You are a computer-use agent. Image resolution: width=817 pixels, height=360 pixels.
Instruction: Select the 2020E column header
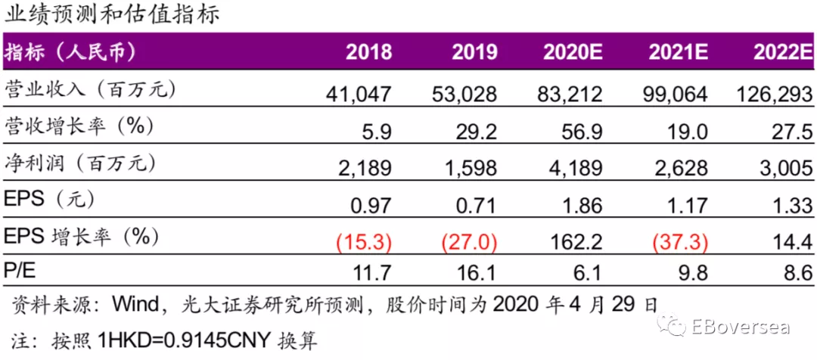[x=573, y=51]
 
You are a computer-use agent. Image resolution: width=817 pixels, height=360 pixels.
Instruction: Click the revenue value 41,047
[x=359, y=94]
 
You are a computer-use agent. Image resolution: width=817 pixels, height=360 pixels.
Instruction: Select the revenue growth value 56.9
[x=582, y=132]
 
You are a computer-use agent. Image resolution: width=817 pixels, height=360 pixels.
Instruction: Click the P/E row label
[x=20, y=271]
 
